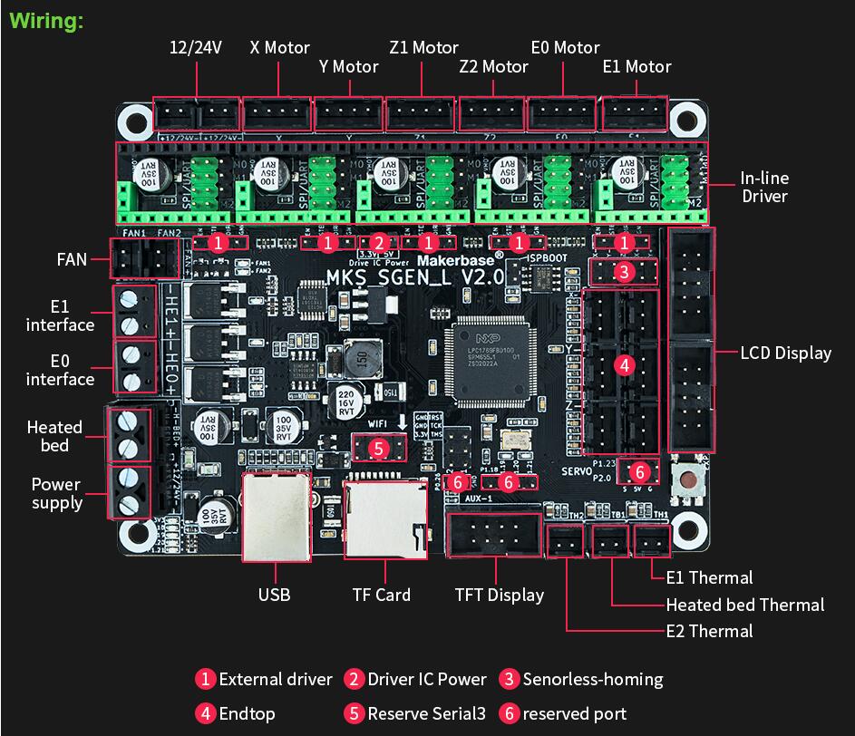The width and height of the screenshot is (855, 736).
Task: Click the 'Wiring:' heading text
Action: (46, 21)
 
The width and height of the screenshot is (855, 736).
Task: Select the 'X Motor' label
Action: (279, 48)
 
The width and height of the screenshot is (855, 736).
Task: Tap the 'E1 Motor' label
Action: (636, 66)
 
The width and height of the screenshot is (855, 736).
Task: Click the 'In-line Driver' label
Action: (763, 188)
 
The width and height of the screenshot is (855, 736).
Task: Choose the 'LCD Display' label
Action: (785, 353)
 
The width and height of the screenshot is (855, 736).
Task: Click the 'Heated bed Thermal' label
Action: (745, 605)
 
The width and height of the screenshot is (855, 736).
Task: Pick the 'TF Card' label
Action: (381, 595)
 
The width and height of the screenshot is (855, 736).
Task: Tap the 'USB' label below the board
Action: (274, 595)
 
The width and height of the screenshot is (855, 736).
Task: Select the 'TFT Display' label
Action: (499, 595)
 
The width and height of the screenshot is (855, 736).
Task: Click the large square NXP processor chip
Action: (491, 360)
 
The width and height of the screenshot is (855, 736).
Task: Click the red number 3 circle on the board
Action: (623, 271)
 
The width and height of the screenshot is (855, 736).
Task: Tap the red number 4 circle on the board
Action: (623, 365)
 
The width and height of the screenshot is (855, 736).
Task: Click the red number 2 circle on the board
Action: (379, 243)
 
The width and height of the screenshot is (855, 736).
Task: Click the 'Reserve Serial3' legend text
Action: (426, 713)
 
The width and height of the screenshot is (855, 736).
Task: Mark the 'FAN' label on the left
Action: (71, 259)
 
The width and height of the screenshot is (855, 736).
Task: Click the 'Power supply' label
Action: (56, 493)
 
